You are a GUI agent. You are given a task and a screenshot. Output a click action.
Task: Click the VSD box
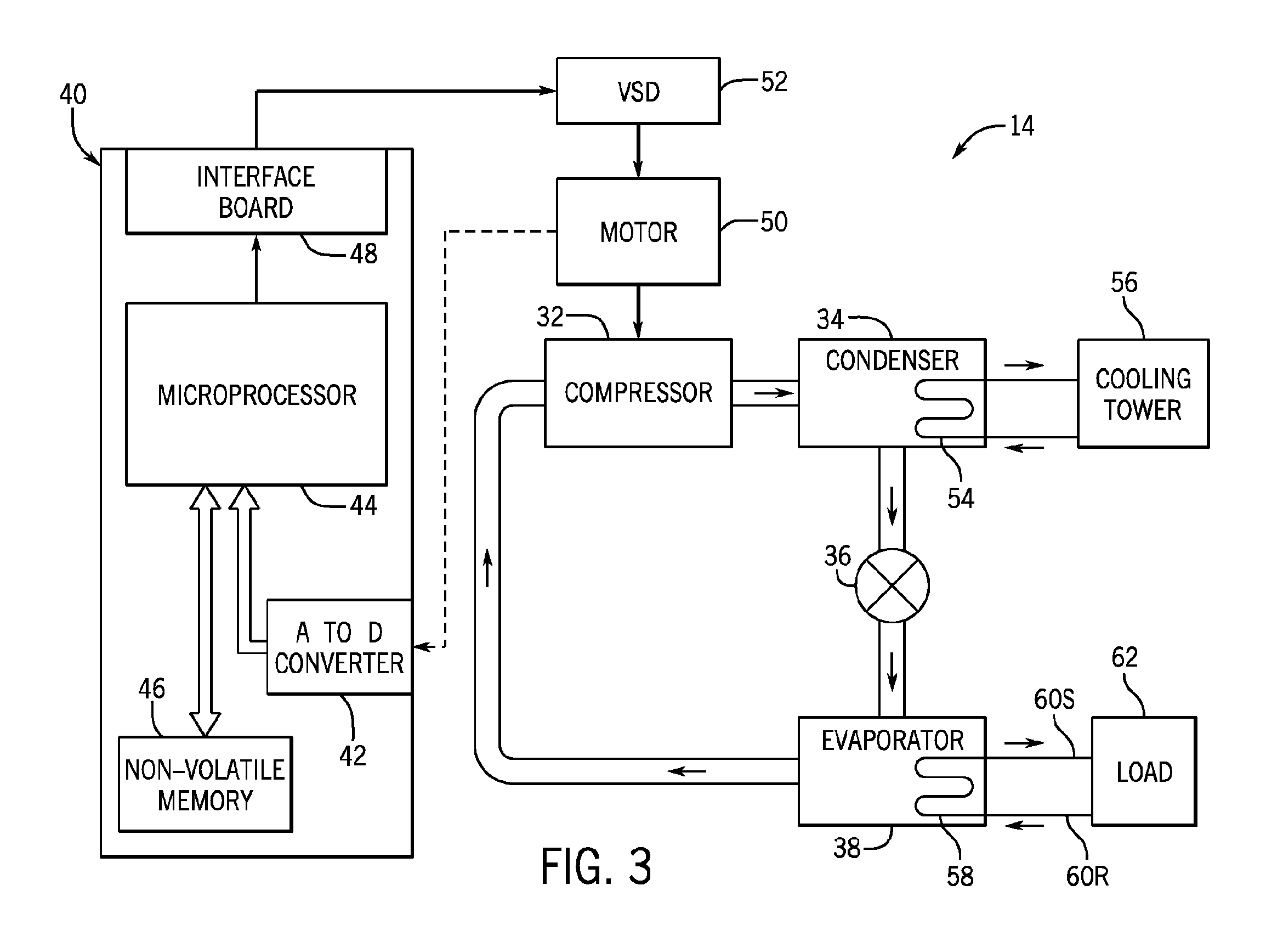tap(638, 91)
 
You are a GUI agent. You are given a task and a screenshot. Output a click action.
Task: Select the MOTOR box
tap(638, 232)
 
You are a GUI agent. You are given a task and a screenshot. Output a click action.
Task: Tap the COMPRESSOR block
tap(638, 393)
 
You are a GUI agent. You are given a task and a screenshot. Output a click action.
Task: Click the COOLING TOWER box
tap(1143, 394)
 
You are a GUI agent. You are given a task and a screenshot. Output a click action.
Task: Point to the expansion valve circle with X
tap(892, 586)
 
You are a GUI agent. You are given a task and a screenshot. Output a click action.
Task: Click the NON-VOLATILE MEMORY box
tap(205, 785)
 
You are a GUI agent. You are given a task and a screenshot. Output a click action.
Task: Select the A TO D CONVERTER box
tap(339, 647)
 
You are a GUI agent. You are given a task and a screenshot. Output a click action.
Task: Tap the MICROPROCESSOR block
tap(257, 394)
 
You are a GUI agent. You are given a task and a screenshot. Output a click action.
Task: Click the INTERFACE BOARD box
tap(257, 191)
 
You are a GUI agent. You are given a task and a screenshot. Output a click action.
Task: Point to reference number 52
tap(774, 82)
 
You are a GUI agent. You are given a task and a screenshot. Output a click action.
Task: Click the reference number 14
tap(1022, 126)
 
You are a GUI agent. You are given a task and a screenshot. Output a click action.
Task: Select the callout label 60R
tap(1087, 877)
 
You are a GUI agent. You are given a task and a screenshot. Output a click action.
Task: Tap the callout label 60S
tap(1054, 699)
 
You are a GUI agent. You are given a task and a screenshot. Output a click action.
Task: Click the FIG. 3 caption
tap(596, 866)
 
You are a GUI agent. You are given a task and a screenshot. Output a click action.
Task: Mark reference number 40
tap(73, 94)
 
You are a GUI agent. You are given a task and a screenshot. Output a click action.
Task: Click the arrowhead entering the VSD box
tap(547, 91)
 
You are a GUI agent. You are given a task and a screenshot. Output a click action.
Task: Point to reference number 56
tap(1124, 282)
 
